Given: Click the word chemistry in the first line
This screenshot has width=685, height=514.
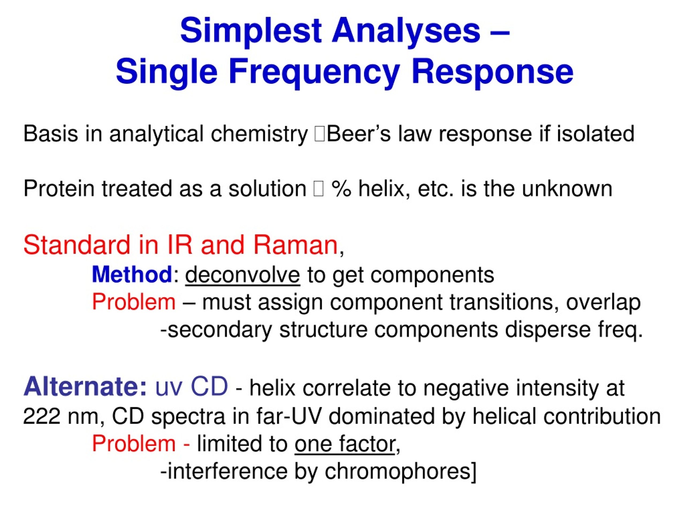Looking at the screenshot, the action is coord(260,135).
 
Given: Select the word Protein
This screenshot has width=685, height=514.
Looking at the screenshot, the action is coord(59,189).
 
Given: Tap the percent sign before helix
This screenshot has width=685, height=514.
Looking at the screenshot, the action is coord(341,189).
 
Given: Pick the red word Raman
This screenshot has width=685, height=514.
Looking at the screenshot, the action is coord(295,245).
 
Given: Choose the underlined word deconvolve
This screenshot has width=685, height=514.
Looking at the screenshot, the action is coord(243,275).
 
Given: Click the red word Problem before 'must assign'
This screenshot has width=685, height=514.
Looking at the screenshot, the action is coord(134,302).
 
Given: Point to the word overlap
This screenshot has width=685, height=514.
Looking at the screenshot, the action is coord(604,303).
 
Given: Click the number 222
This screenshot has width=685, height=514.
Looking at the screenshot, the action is coord(42,416).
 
